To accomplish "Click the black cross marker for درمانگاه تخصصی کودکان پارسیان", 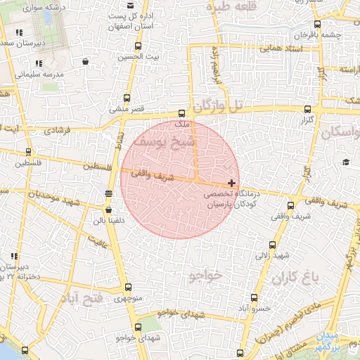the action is click(232, 183).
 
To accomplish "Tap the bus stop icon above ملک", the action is click(182, 112).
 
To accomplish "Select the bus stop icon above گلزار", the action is click(307, 110).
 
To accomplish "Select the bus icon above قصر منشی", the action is click(127, 98).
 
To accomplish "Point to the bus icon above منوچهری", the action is click(128, 288).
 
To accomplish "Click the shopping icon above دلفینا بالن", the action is click(108, 210).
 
